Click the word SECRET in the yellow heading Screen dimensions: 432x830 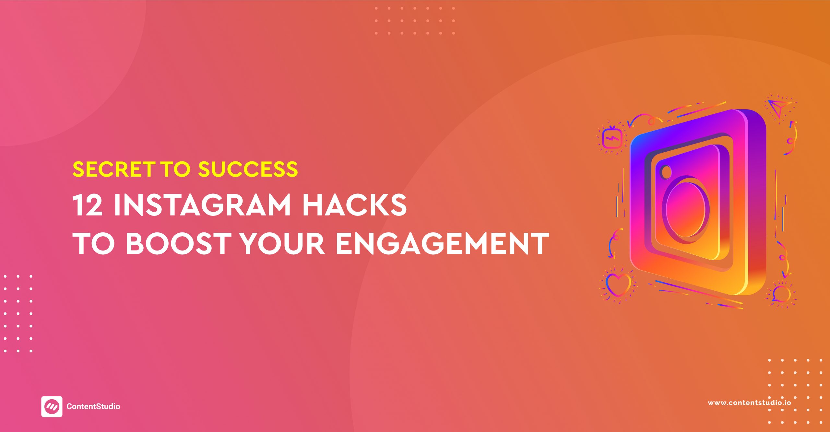(x=113, y=169)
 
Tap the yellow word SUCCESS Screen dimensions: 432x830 (x=248, y=169)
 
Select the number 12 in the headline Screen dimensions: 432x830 (x=88, y=205)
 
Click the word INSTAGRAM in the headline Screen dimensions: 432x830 (x=202, y=205)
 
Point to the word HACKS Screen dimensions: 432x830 (x=354, y=205)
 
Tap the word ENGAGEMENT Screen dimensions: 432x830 (x=442, y=243)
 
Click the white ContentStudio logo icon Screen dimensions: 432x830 (x=52, y=406)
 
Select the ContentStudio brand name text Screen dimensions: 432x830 (x=93, y=406)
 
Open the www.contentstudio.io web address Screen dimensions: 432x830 (x=749, y=403)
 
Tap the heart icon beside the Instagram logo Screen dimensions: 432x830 (x=618, y=285)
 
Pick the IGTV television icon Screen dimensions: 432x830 (x=612, y=138)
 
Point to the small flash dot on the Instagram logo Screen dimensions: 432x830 (x=666, y=172)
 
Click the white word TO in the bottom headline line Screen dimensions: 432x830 (x=93, y=243)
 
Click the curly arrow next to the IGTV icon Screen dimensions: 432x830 (x=644, y=119)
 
